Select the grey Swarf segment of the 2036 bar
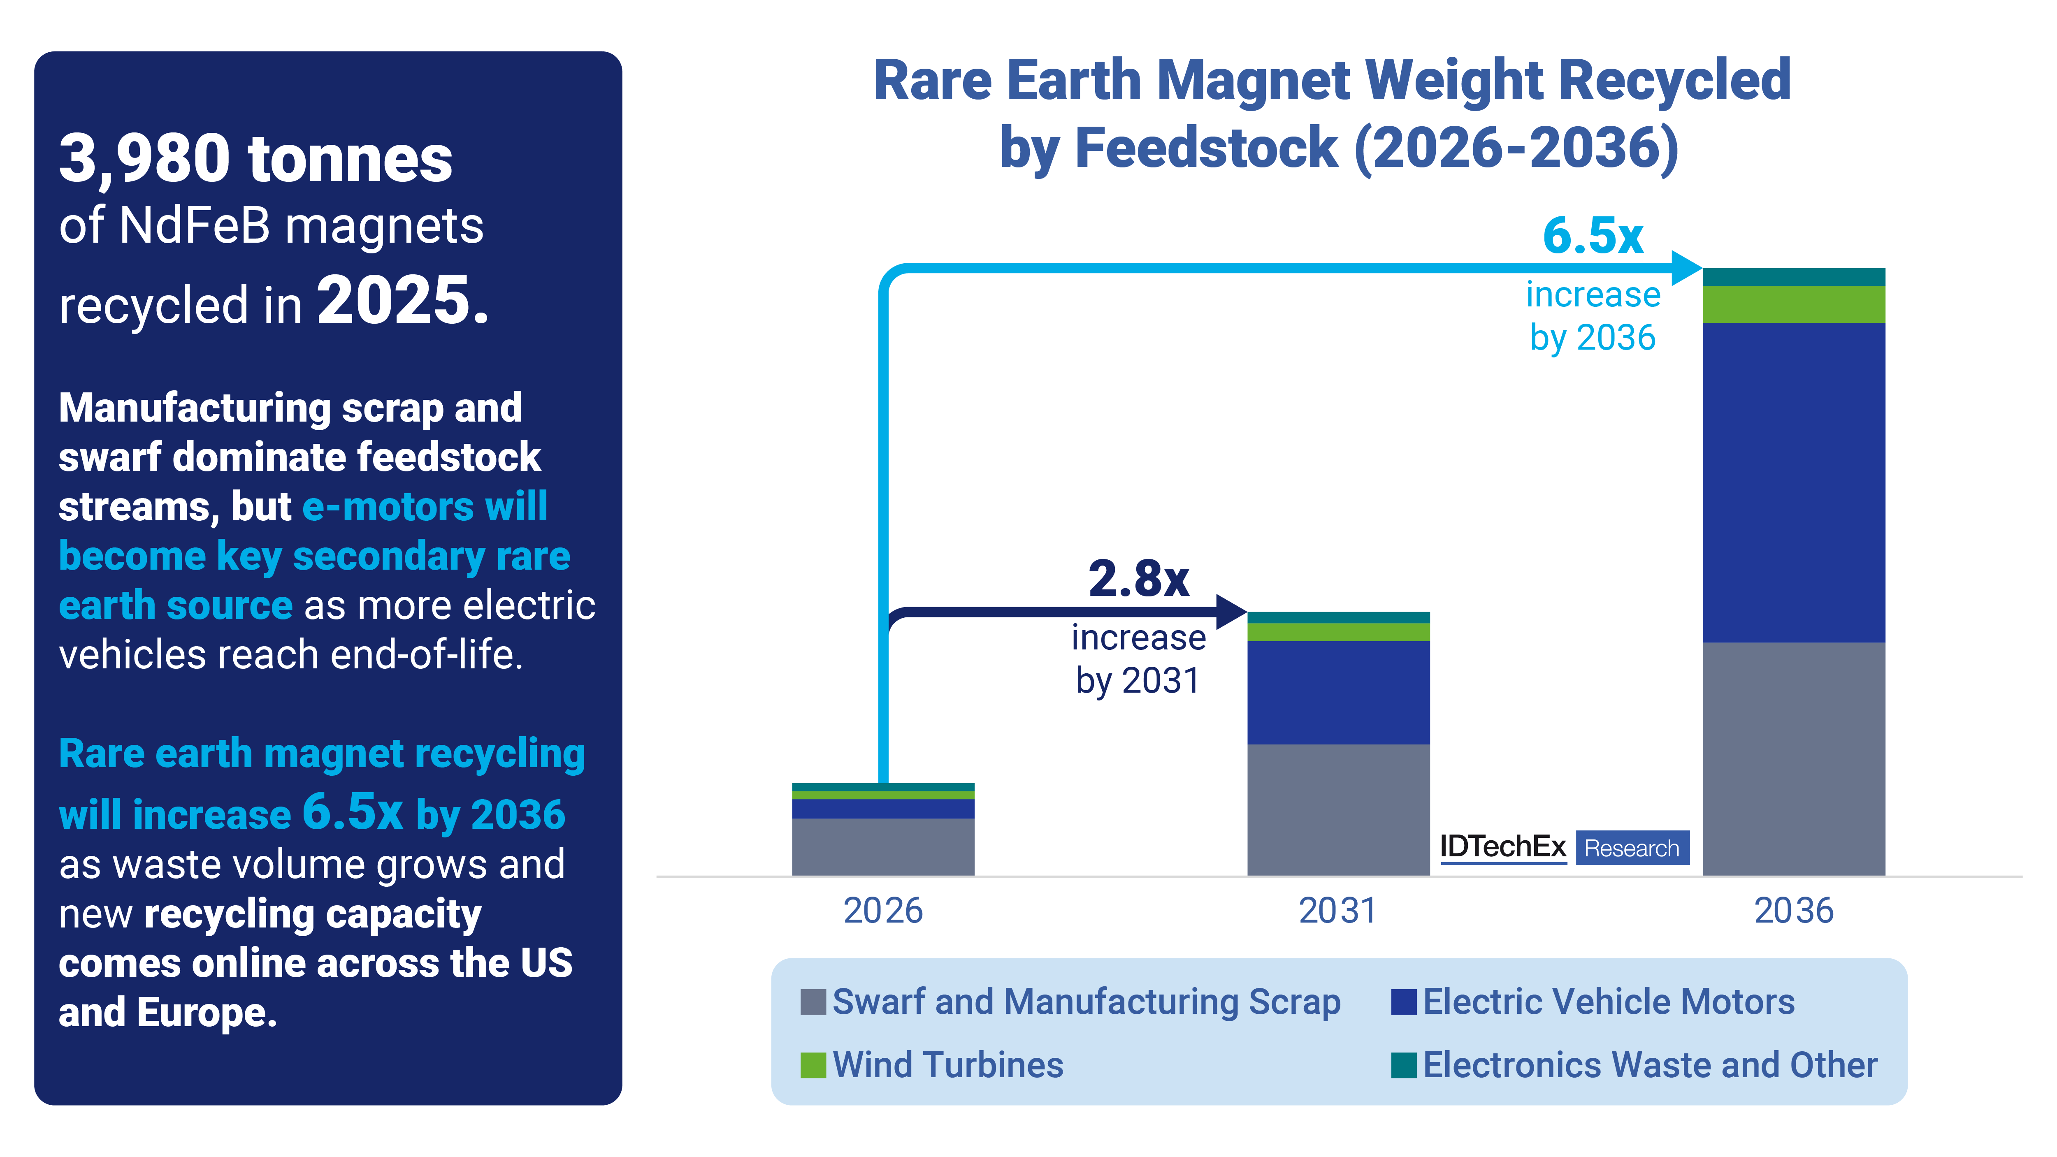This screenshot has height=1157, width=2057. (1793, 758)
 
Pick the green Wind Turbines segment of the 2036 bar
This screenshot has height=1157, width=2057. (1793, 304)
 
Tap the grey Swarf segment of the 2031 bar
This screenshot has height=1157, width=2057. (1338, 810)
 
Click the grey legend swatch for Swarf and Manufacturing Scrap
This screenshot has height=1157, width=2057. (813, 1002)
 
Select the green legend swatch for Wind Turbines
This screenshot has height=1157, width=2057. (813, 1065)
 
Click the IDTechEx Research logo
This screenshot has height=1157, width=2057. (1563, 847)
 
